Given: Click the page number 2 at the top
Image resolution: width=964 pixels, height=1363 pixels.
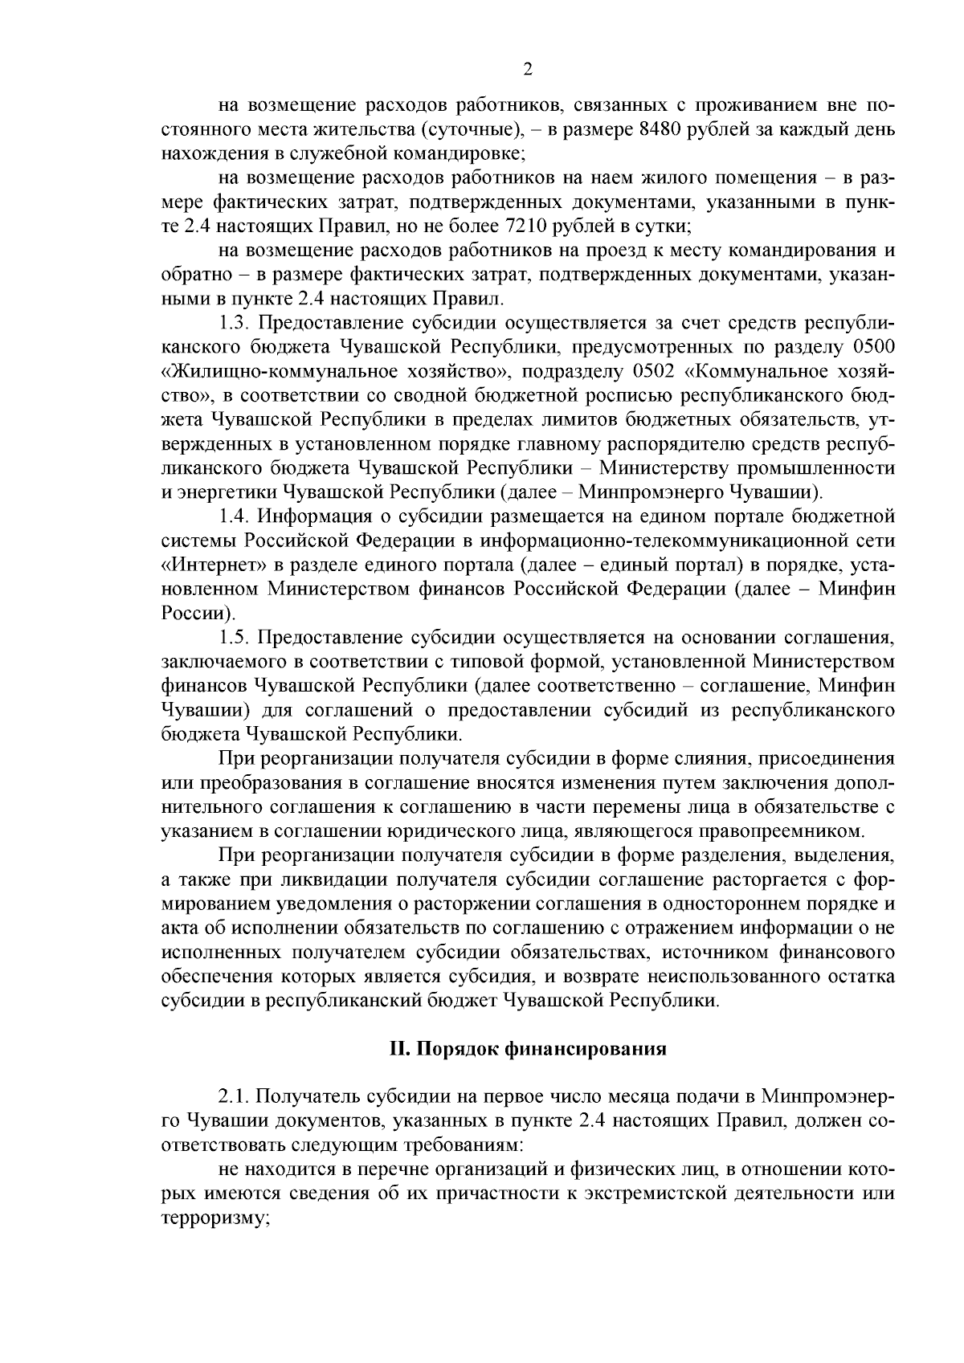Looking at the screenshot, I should (x=527, y=70).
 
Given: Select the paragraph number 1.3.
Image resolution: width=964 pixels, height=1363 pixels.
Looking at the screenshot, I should (x=235, y=324).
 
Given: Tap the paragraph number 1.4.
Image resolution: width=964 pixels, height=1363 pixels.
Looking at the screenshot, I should (x=235, y=515).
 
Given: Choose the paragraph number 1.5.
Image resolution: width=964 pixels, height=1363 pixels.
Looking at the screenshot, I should (x=235, y=638).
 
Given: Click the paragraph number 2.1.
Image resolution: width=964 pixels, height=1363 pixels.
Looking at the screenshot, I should (x=235, y=1096).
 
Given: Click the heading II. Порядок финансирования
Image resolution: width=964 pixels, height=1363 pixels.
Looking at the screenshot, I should (x=527, y=1049).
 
